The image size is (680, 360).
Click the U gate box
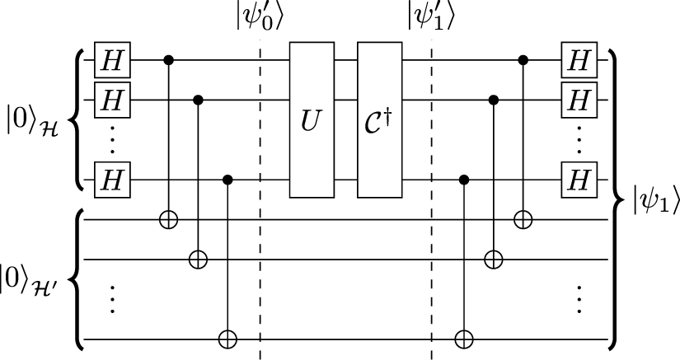tap(310, 119)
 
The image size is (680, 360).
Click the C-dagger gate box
tap(378, 119)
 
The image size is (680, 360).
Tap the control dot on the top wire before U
tap(169, 60)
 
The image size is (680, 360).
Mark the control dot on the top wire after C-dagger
tap(522, 60)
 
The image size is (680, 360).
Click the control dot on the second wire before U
tap(198, 100)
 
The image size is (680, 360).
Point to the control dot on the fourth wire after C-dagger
tap(465, 179)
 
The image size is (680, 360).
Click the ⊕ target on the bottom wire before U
tap(227, 338)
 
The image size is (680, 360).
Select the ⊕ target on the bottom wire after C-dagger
tap(465, 338)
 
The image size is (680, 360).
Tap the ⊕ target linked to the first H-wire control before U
tap(169, 220)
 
